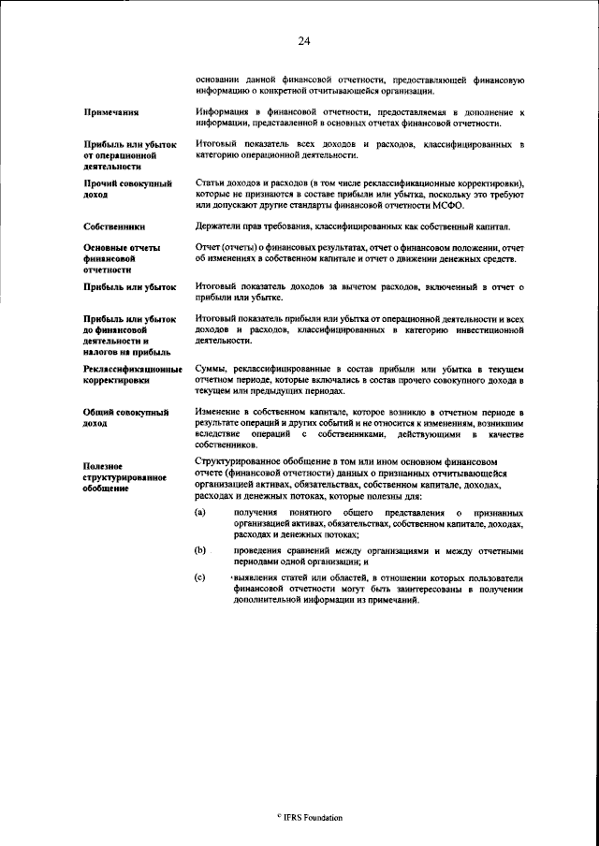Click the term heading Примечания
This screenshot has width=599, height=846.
pos(111,113)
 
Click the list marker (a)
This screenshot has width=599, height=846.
pos(200,514)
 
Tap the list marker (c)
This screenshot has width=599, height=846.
pos(200,580)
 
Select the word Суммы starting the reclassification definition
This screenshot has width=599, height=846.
pos(212,371)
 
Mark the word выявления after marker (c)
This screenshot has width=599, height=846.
pos(257,580)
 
